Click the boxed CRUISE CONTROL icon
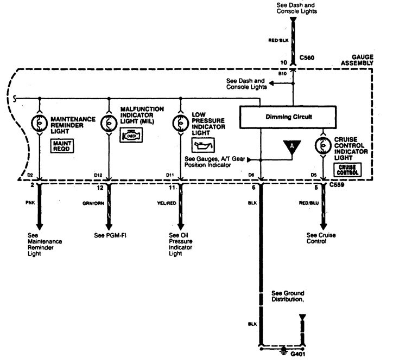(347, 169)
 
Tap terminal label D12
(98, 176)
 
